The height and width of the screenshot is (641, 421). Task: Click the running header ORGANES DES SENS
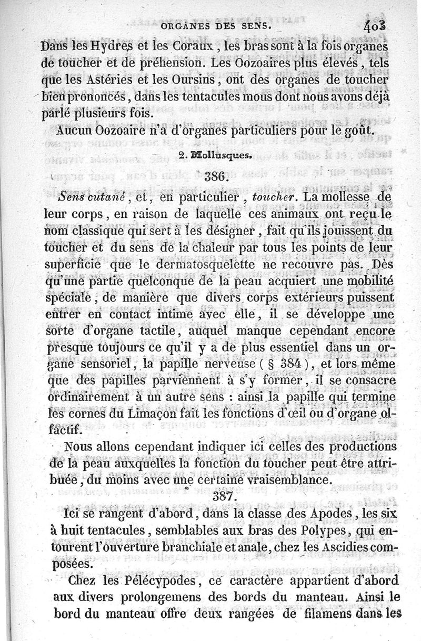pyautogui.click(x=216, y=25)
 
